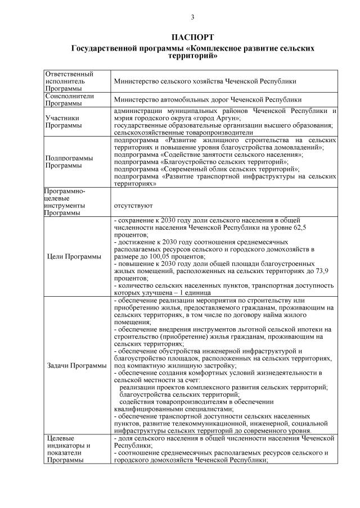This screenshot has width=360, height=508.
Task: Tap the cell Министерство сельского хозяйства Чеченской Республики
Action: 205,81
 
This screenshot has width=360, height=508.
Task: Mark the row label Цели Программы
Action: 75,257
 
